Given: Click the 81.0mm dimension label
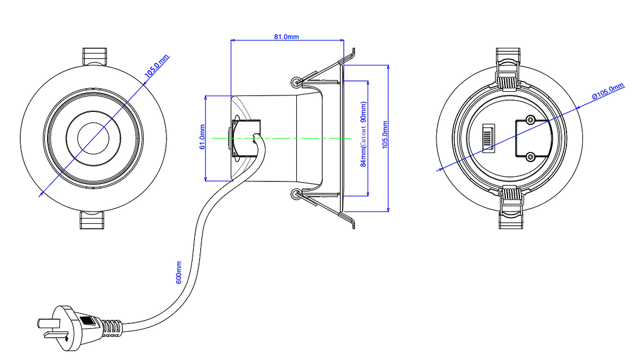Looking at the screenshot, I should (286, 37).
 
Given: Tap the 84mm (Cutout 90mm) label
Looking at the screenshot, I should (363, 134).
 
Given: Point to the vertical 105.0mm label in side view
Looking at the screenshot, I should (385, 136).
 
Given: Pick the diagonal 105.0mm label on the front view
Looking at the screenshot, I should (157, 66).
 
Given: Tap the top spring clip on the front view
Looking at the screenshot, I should (94, 57).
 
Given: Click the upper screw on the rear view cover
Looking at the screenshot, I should (531, 120).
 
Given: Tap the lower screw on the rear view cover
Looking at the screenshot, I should (531, 156).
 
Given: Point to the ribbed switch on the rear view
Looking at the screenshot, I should (488, 138).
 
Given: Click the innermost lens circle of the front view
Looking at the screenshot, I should (93, 137).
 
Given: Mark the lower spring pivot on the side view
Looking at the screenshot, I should (296, 193).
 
